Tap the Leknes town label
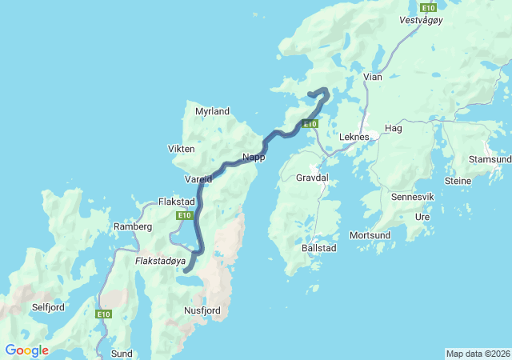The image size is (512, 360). coord(354,137)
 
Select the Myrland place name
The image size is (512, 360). coord(212,111)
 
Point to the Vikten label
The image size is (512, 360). coord(181,149)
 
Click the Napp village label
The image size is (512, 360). coord(254,158)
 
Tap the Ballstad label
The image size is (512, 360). coord(318,249)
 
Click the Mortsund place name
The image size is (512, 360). coord(370,235)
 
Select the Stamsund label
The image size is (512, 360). coord(490,159)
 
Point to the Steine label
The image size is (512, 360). coord(458,181)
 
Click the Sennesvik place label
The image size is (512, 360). coord(412,196)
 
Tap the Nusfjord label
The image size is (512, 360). coord(202,310)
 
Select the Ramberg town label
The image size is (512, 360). coord(133,226)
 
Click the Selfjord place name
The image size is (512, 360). coord(48,306)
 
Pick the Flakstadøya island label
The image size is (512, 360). coord(160,260)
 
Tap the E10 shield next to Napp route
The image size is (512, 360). coord(310,123)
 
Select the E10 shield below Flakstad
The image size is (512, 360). coord(185,215)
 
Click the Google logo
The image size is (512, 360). coord(26,350)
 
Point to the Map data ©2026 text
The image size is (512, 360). coord(478,354)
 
